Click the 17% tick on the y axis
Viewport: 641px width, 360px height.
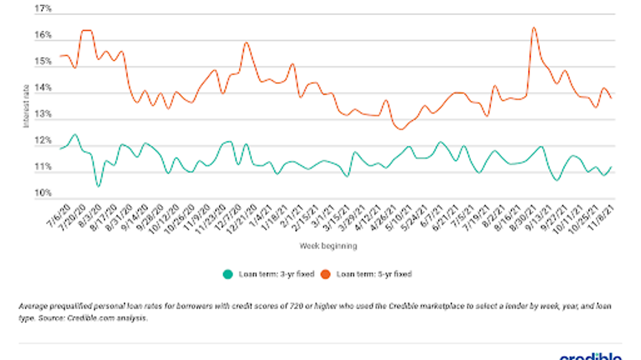click(43, 10)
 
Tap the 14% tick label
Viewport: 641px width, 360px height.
click(43, 89)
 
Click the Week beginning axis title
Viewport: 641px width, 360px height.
click(328, 246)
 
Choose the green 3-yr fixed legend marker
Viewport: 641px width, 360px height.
click(228, 274)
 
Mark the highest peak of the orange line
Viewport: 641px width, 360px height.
click(534, 28)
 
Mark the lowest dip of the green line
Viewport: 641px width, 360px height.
click(98, 187)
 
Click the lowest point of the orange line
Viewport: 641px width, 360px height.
click(400, 129)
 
